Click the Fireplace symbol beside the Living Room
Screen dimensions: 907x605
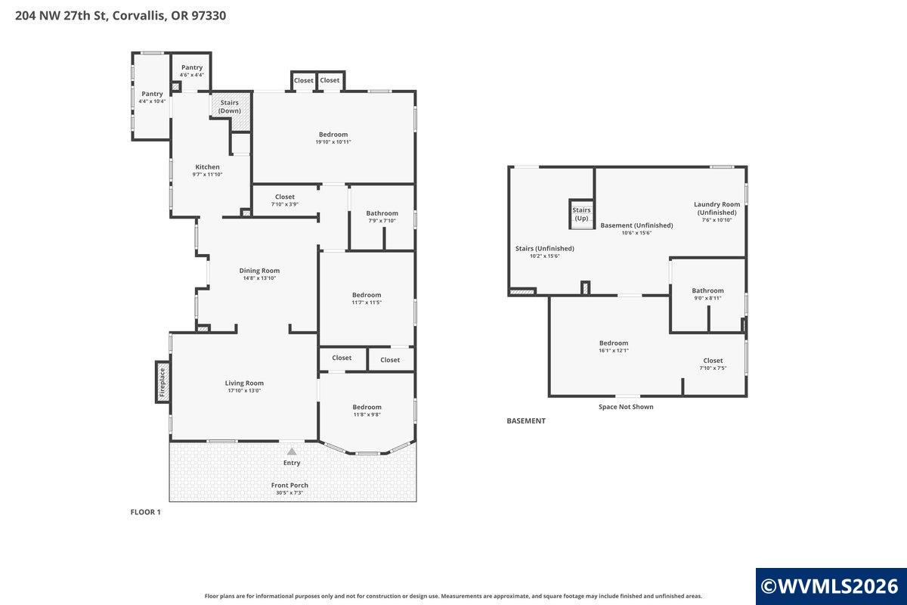pos(163,382)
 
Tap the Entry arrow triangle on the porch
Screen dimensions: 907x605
pos(292,451)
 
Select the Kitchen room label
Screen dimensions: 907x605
pos(207,166)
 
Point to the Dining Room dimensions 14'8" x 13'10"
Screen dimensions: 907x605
pos(259,278)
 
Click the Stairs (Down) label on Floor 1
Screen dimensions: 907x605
pos(230,107)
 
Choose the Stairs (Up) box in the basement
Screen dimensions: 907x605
pos(581,214)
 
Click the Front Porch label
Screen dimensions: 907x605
pos(289,485)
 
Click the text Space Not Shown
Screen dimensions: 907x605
pos(626,407)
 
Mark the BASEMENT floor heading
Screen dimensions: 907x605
pos(526,420)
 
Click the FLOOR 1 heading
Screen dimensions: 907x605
pos(145,512)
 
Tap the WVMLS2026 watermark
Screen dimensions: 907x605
pos(830,586)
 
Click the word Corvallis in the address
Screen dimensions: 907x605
pos(138,16)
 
